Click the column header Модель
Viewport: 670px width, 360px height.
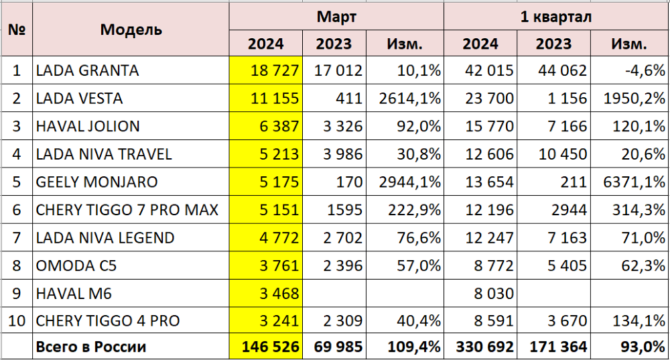[131, 29]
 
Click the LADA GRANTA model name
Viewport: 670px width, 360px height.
[87, 70]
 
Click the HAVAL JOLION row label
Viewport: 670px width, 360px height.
[87, 126]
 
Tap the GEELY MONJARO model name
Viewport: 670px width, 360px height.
[96, 182]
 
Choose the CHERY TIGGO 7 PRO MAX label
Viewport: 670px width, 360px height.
[127, 210]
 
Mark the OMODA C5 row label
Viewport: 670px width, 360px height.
[76, 265]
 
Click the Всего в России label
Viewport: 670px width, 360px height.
[91, 347]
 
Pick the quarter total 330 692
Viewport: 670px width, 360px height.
[484, 347]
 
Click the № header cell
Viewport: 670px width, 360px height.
[17, 29]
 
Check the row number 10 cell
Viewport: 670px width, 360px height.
[17, 320]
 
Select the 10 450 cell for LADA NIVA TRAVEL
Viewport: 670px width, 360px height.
[561, 154]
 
